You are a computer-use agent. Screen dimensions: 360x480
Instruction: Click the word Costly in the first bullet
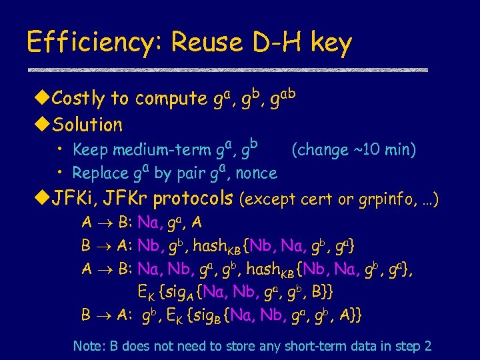pos(79,99)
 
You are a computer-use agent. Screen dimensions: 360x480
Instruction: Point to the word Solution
pos(87,125)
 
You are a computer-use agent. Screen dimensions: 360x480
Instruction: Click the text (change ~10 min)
pos(354,149)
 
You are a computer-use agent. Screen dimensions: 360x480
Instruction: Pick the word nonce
pos(256,173)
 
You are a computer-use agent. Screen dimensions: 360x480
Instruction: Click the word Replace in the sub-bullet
pos(101,173)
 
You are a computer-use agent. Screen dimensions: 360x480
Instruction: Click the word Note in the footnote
pos(87,345)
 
